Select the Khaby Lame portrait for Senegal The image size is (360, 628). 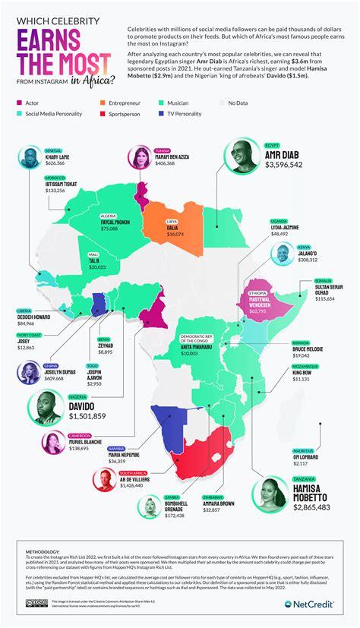click(29, 159)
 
